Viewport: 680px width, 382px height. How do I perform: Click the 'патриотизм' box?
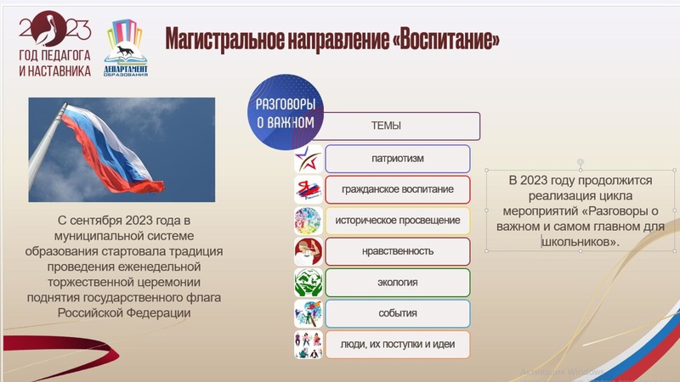pos(397,159)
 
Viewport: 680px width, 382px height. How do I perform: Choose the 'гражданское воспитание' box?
pos(397,189)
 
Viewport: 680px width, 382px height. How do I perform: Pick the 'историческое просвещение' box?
pos(397,221)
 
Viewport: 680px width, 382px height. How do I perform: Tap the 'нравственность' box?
pos(397,251)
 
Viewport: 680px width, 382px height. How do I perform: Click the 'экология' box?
pos(397,283)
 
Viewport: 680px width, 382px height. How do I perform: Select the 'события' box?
pos(397,313)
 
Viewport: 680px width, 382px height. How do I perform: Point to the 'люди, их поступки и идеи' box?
pos(397,345)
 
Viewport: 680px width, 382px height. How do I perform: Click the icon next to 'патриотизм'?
pos(307,159)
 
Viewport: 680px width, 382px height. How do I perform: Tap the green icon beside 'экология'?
pos(307,283)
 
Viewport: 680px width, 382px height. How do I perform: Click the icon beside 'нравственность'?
pos(307,251)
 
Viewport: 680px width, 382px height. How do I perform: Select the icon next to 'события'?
pos(307,313)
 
